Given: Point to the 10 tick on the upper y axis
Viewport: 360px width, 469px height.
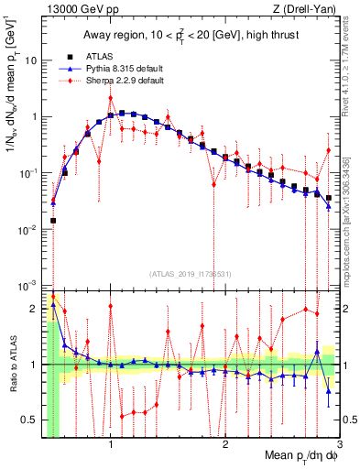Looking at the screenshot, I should (31, 60).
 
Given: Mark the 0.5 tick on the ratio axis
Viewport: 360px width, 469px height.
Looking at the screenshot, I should (29, 420).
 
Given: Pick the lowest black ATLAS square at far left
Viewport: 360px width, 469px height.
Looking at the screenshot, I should (53, 221).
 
